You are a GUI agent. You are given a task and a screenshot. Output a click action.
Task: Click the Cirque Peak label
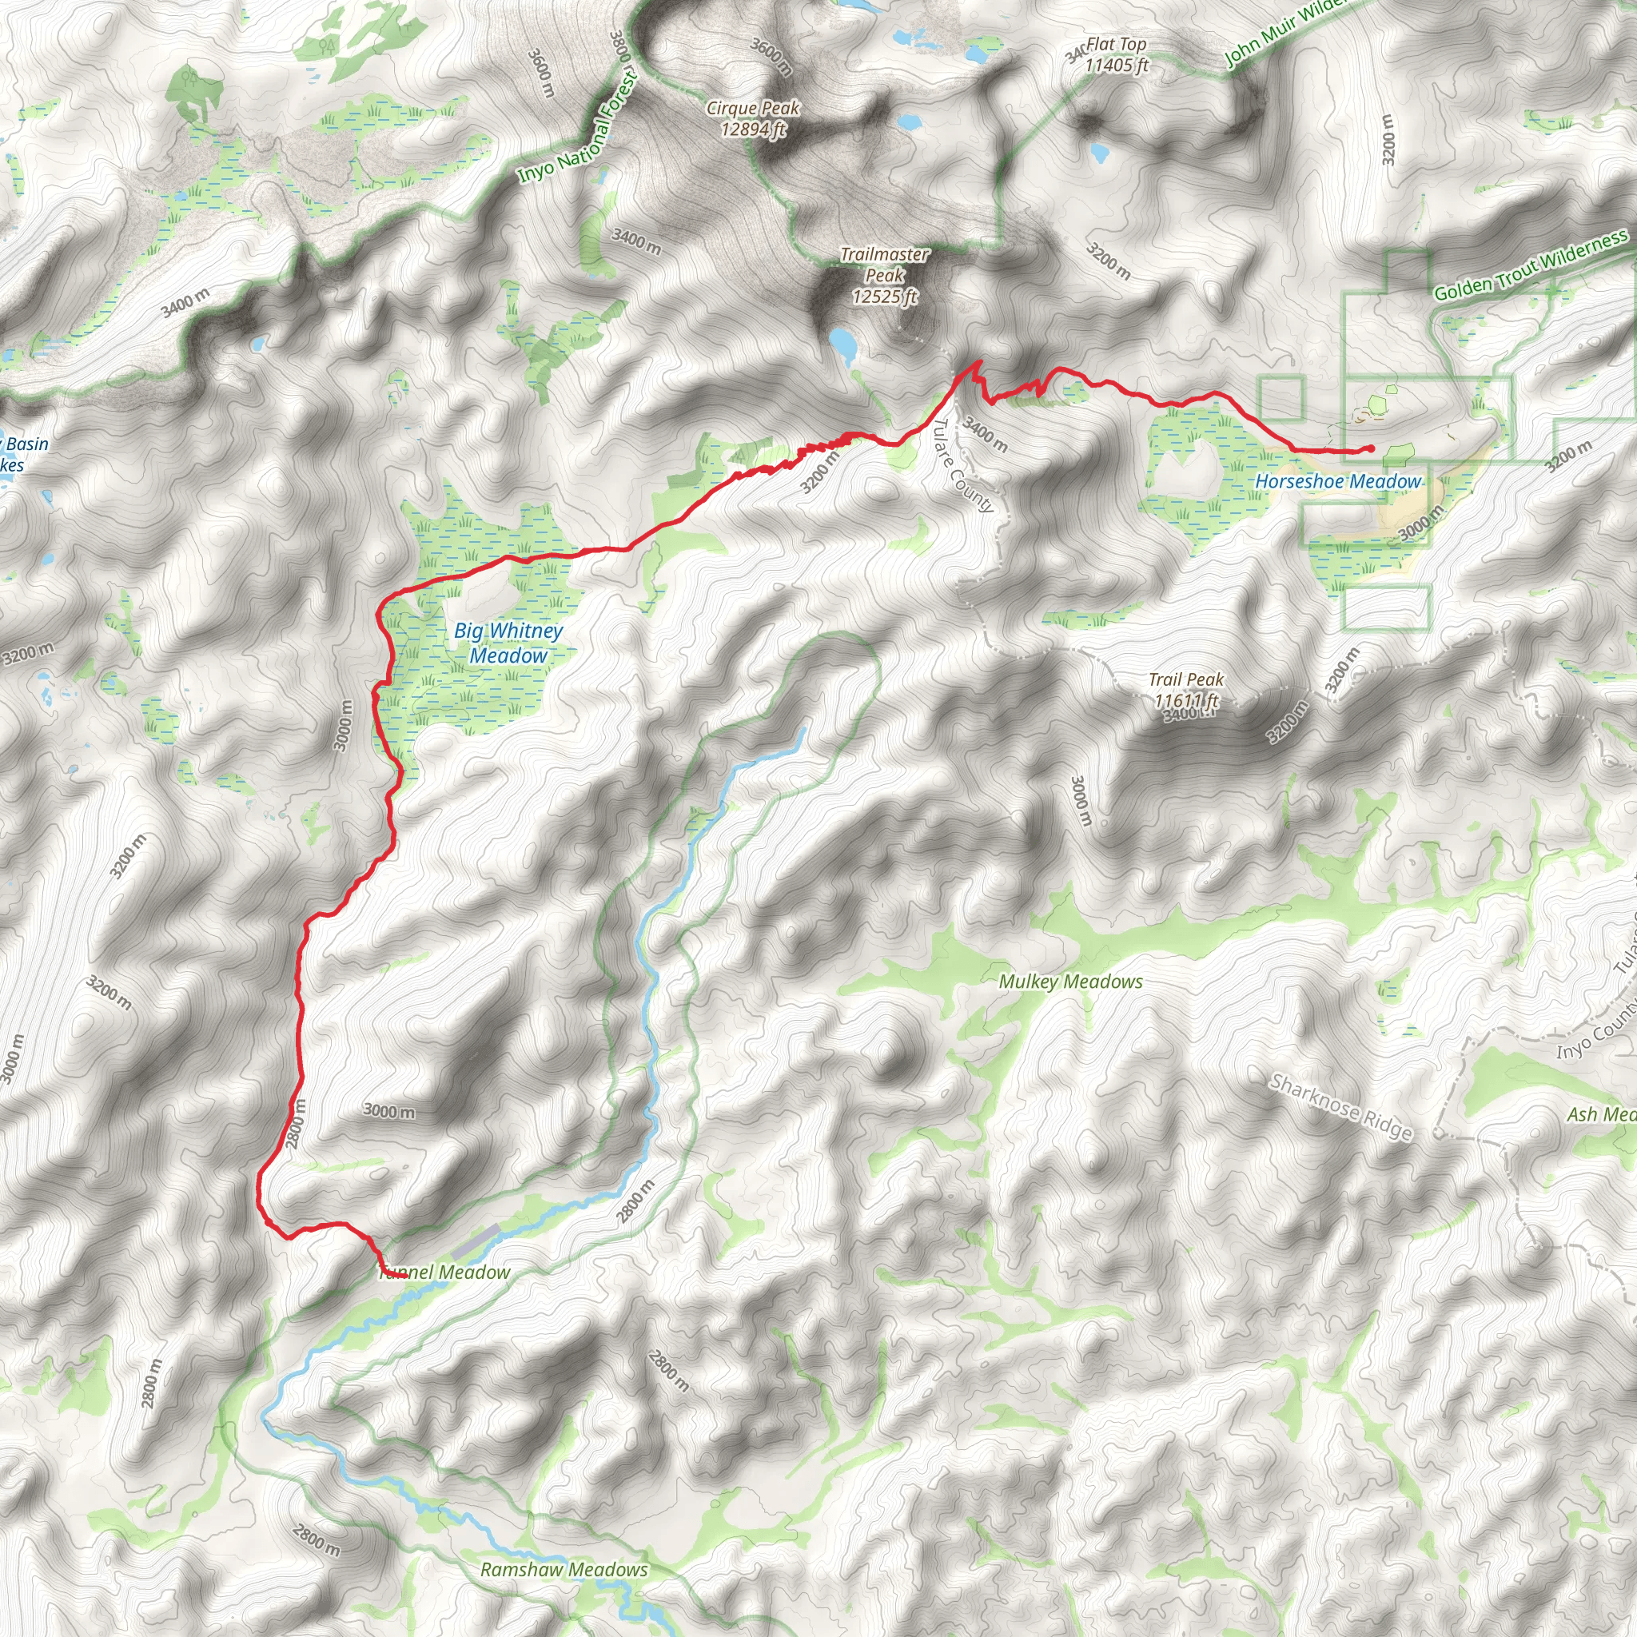tap(752, 109)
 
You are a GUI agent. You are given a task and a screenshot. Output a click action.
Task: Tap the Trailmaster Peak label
tap(885, 265)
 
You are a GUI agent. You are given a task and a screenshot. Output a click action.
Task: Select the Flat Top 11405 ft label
tap(1116, 54)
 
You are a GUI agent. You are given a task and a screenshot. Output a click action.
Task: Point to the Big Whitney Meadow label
tap(508, 643)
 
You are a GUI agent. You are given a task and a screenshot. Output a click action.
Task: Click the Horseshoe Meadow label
tap(1338, 482)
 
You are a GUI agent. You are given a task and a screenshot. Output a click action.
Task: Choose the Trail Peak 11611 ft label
tap(1186, 690)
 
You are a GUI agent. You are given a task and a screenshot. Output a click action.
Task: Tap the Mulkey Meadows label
tap(1070, 982)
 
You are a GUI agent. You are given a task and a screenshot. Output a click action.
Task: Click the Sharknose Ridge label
tap(1340, 1107)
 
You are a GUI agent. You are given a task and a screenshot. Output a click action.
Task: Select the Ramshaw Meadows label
tap(564, 1570)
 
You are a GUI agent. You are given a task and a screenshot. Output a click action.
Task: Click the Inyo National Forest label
tap(578, 127)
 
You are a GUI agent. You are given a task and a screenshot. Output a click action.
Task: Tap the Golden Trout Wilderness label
tap(1530, 265)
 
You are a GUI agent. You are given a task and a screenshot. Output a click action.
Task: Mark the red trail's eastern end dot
tap(1371, 449)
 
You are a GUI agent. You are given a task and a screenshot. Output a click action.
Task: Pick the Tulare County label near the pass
tap(962, 464)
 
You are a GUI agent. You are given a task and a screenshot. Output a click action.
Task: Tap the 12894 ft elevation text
tap(754, 129)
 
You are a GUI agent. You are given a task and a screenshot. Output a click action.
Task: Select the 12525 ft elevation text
tap(886, 297)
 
